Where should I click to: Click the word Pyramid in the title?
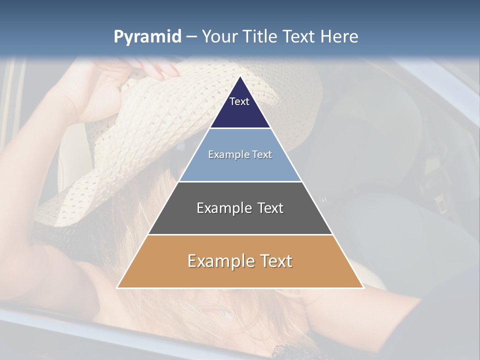tap(147, 37)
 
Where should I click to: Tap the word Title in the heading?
tap(260, 37)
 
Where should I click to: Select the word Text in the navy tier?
tap(239, 101)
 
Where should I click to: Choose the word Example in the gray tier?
tap(218, 208)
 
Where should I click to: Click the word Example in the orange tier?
tap(215, 261)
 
